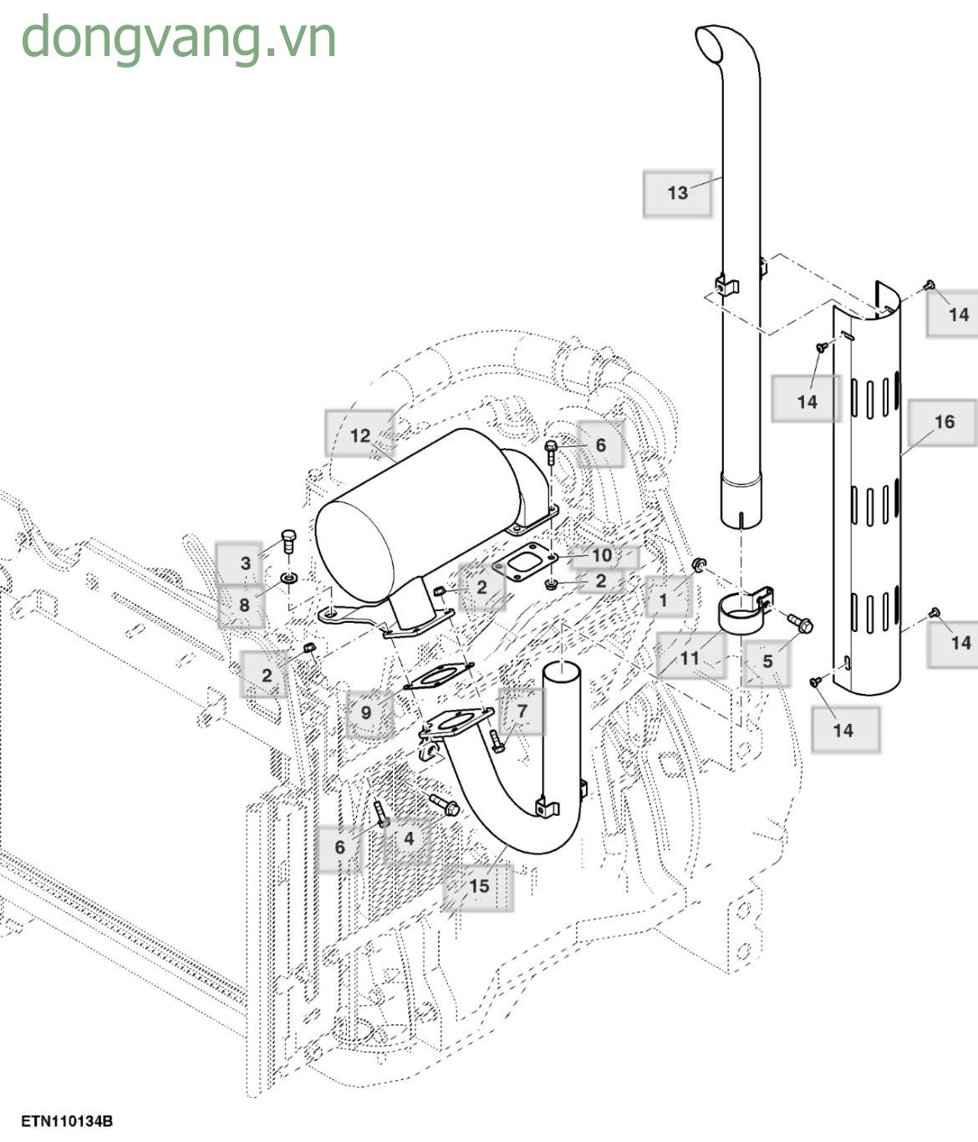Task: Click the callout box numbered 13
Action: tap(677, 193)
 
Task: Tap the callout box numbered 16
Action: tap(944, 422)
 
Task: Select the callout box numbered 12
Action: tap(359, 436)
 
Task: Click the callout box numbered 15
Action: tap(478, 886)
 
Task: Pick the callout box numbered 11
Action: tap(689, 658)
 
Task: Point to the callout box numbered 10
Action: tap(602, 556)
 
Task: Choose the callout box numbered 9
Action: tap(366, 713)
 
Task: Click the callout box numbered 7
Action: tap(522, 711)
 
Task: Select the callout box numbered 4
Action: tap(409, 839)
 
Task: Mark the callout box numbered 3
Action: tap(245, 563)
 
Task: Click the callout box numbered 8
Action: tap(243, 604)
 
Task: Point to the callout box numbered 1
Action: tap(664, 599)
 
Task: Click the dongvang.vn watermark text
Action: tap(178, 38)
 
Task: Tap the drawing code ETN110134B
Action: tap(67, 1121)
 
